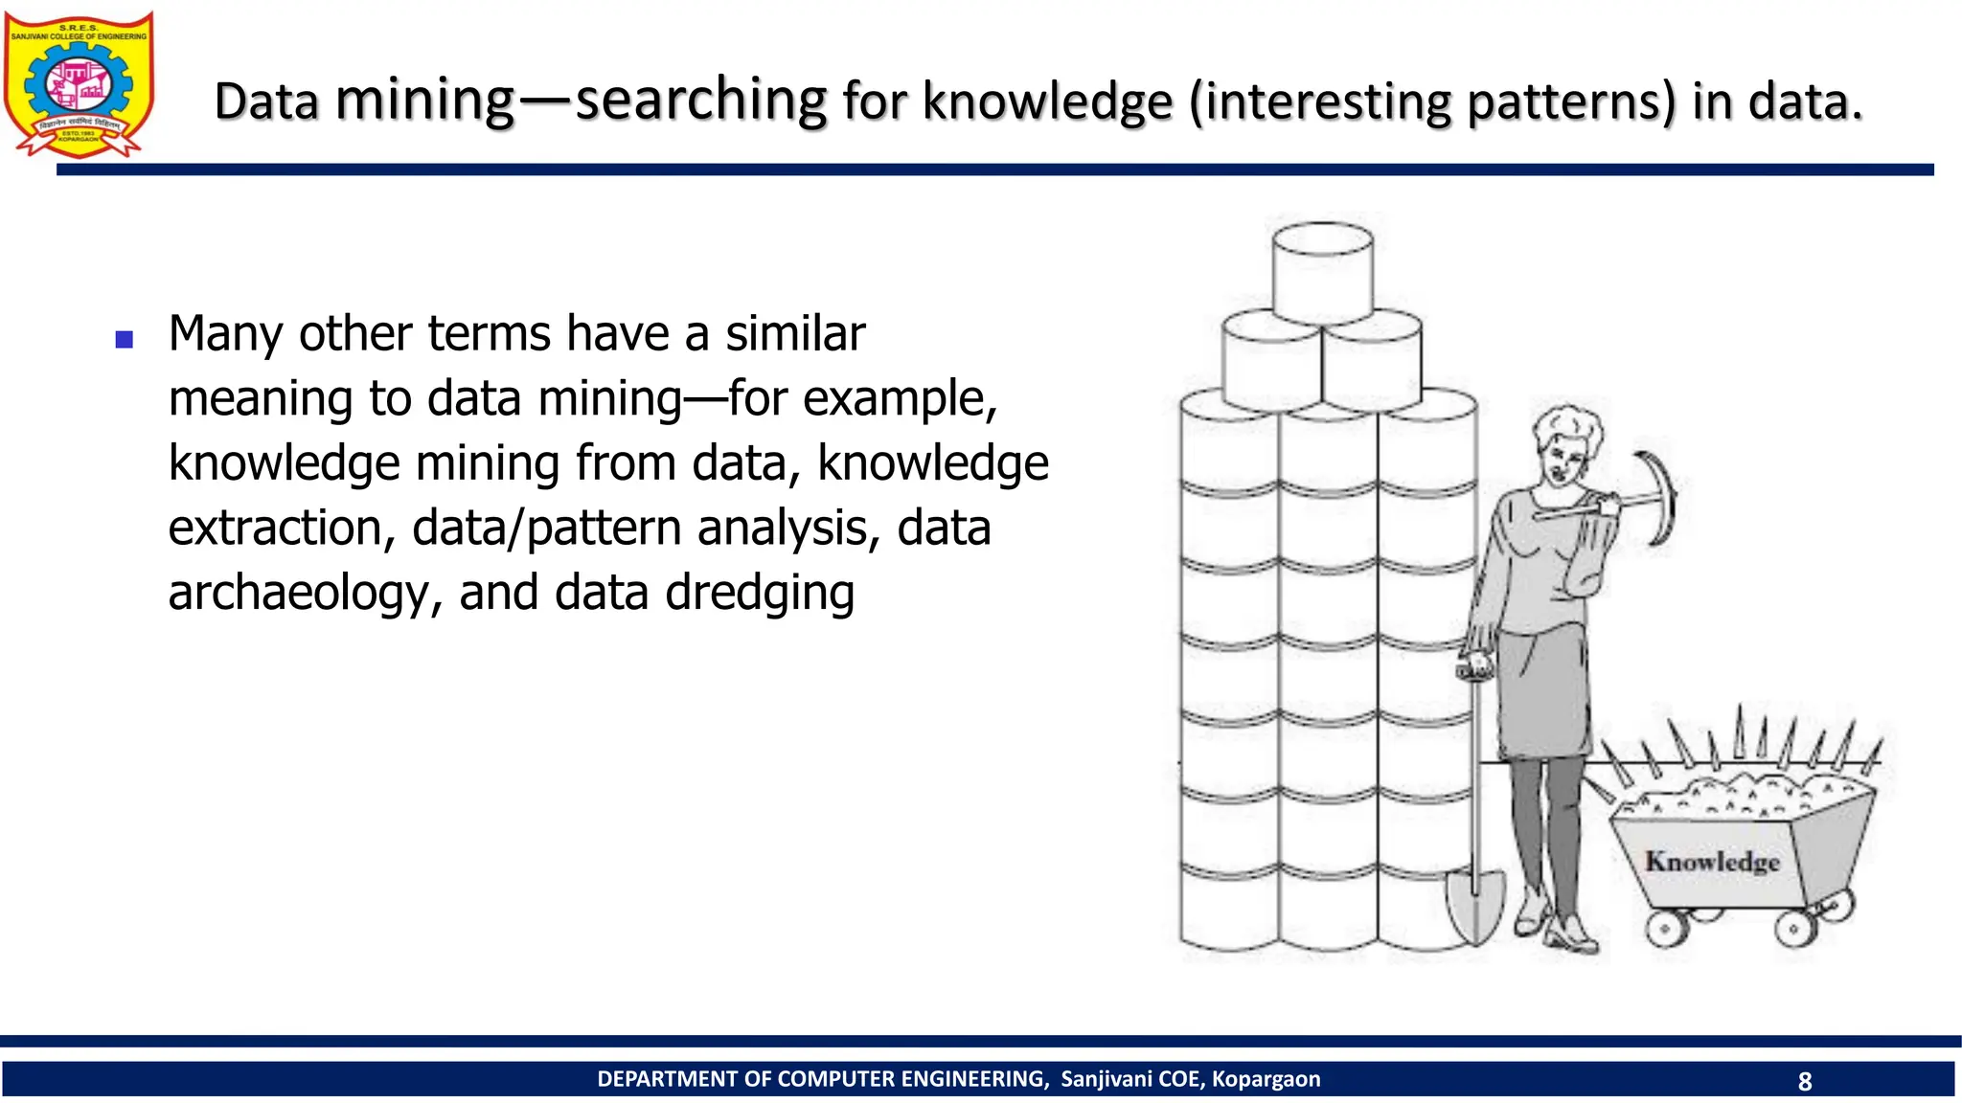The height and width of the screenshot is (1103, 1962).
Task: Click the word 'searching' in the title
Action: (701, 100)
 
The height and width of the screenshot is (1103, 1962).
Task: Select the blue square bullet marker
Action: (124, 339)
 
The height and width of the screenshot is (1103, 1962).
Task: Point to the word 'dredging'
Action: (759, 593)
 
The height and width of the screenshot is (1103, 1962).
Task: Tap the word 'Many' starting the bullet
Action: (226, 334)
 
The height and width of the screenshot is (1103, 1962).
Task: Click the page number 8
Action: (1805, 1081)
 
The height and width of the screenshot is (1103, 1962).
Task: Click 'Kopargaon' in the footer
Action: (1266, 1079)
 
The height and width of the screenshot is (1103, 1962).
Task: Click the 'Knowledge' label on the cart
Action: (1712, 861)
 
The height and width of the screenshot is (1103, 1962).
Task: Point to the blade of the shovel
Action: (1474, 905)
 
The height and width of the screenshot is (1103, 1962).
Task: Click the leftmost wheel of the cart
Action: (1665, 927)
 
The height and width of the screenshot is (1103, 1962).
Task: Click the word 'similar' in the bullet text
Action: (795, 334)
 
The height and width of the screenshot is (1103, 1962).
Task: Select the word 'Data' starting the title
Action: (266, 101)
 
